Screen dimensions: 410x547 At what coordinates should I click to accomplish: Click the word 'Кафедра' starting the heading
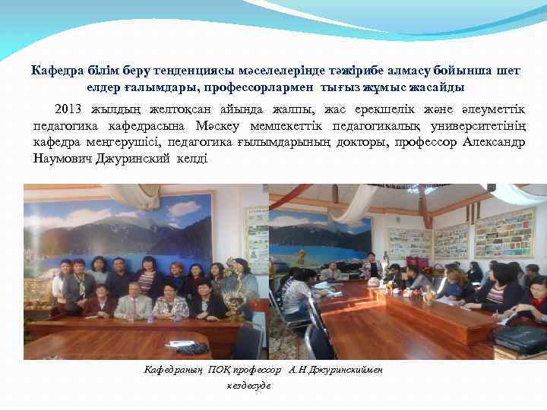click(54, 71)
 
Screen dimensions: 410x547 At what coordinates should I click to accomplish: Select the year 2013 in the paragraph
click(70, 109)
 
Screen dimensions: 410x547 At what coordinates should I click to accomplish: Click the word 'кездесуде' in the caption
click(248, 385)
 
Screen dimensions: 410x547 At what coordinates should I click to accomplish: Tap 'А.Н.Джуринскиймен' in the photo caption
click(335, 370)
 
